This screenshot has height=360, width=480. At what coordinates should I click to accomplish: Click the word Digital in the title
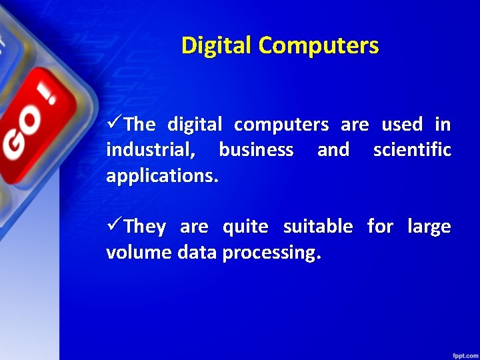pyautogui.click(x=217, y=46)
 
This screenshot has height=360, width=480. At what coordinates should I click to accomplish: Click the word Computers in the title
pyautogui.click(x=319, y=46)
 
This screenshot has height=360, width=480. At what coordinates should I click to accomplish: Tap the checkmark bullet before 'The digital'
pyautogui.click(x=114, y=124)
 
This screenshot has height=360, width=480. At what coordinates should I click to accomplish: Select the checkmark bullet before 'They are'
pyautogui.click(x=114, y=227)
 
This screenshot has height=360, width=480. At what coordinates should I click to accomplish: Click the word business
pyautogui.click(x=256, y=150)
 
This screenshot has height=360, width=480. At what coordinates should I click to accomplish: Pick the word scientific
pyautogui.click(x=412, y=150)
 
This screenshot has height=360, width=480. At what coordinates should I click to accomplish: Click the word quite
pyautogui.click(x=245, y=227)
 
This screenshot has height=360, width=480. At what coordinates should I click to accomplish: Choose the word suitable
pyautogui.click(x=318, y=227)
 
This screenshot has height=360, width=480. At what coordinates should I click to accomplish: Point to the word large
pyautogui.click(x=429, y=227)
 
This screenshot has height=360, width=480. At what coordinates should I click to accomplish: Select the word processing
pyautogui.click(x=271, y=254)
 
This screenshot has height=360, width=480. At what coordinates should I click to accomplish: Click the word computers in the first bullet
pyautogui.click(x=281, y=125)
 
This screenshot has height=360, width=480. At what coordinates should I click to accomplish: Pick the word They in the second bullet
pyautogui.click(x=145, y=227)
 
